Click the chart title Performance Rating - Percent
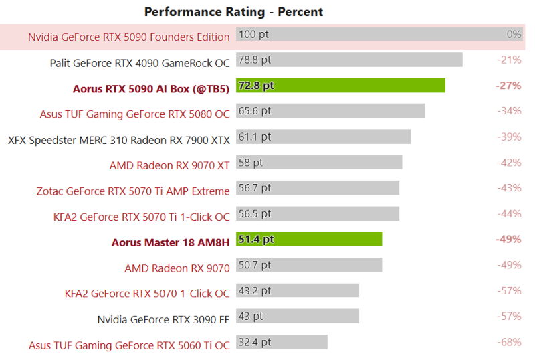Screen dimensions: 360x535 click(x=233, y=12)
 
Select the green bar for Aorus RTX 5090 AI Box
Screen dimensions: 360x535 click(x=340, y=86)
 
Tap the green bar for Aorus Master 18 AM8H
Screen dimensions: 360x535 click(x=309, y=240)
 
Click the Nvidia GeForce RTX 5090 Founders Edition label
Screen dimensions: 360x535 click(x=129, y=37)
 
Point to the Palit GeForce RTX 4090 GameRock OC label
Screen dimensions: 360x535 click(x=140, y=63)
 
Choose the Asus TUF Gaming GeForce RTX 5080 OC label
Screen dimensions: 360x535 click(x=134, y=114)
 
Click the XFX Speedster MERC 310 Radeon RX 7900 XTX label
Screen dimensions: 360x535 click(x=119, y=140)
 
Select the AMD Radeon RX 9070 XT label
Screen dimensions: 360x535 click(x=169, y=165)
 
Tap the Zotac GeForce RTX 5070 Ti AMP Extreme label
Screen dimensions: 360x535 click(x=133, y=191)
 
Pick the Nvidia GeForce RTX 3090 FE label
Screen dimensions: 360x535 click(x=163, y=319)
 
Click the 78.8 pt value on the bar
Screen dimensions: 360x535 click(x=255, y=60)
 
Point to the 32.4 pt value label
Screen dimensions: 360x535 click(x=255, y=342)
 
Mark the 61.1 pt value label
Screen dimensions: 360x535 click(x=255, y=137)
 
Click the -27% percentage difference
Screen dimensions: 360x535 click(x=508, y=86)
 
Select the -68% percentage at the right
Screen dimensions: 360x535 click(x=509, y=342)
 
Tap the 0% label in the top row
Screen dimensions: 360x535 click(x=514, y=34)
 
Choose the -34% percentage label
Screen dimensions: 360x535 click(x=509, y=111)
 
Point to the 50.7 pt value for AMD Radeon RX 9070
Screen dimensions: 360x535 click(x=255, y=265)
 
